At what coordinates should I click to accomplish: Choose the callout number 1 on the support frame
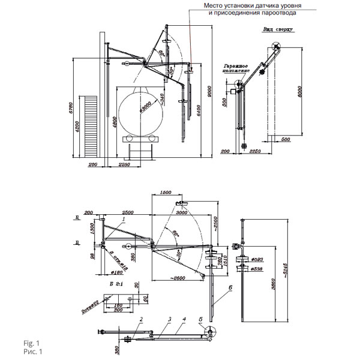(124, 220)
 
